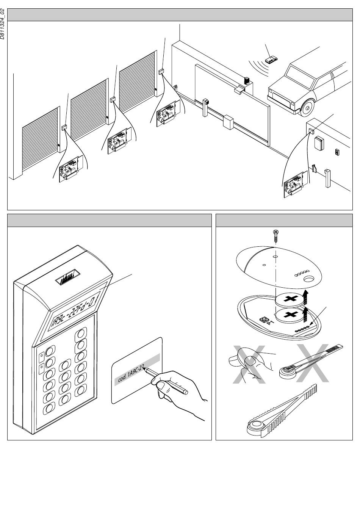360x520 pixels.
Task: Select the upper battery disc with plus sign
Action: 290,299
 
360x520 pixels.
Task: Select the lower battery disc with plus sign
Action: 290,315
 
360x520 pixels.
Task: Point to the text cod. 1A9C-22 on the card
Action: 129,374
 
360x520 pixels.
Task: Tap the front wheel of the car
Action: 307,108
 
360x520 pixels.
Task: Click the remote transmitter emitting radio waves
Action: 271,59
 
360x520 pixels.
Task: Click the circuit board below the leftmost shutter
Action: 69,169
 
